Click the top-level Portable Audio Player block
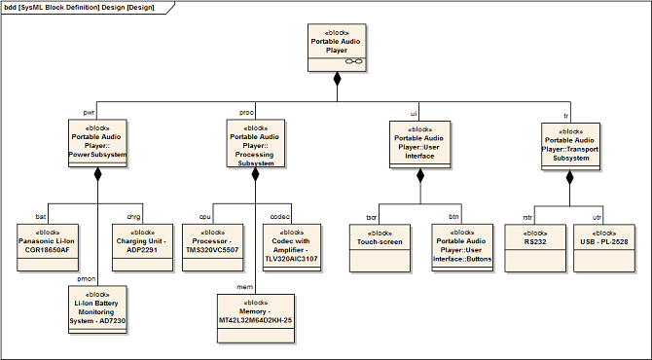pyautogui.click(x=337, y=48)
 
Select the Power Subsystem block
pyautogui.click(x=97, y=143)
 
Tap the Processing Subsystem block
pyautogui.click(x=256, y=143)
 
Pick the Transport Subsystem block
pyautogui.click(x=570, y=146)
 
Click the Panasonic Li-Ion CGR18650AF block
pyautogui.click(x=48, y=248)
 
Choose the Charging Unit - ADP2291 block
pyautogui.click(x=142, y=248)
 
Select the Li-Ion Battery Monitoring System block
pyautogui.click(x=97, y=309)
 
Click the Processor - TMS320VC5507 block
pyautogui.click(x=212, y=248)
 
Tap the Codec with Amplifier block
pyautogui.click(x=292, y=248)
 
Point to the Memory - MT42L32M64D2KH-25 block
pyautogui.click(x=256, y=319)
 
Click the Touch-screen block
pyautogui.click(x=380, y=248)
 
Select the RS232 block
pyautogui.click(x=535, y=248)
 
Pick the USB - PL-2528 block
pyautogui.click(x=604, y=248)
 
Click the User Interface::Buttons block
pyautogui.click(x=462, y=248)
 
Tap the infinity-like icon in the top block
pyautogui.click(x=354, y=61)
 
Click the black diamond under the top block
pyautogui.click(x=338, y=79)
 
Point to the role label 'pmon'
pyautogui.click(x=87, y=279)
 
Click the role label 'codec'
pyautogui.click(x=280, y=217)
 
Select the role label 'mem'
pyautogui.click(x=244, y=287)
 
